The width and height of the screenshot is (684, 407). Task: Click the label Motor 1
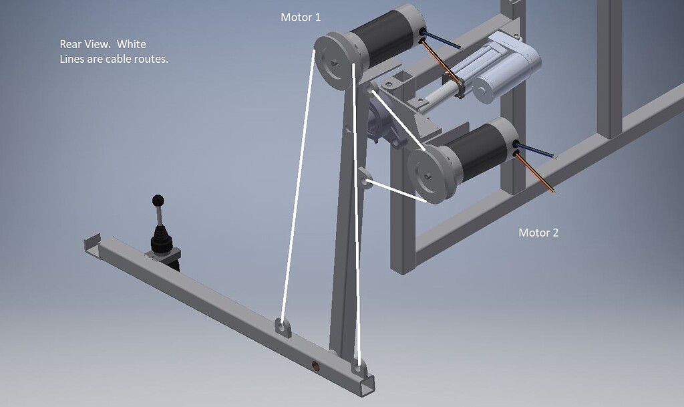click(x=301, y=17)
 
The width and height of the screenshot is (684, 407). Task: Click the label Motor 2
click(x=538, y=233)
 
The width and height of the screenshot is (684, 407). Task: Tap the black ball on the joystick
click(x=158, y=200)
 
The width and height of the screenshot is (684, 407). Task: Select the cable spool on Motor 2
click(x=428, y=175)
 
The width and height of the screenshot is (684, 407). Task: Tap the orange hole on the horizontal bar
click(x=318, y=366)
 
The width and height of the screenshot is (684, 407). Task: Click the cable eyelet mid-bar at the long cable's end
click(x=283, y=328)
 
